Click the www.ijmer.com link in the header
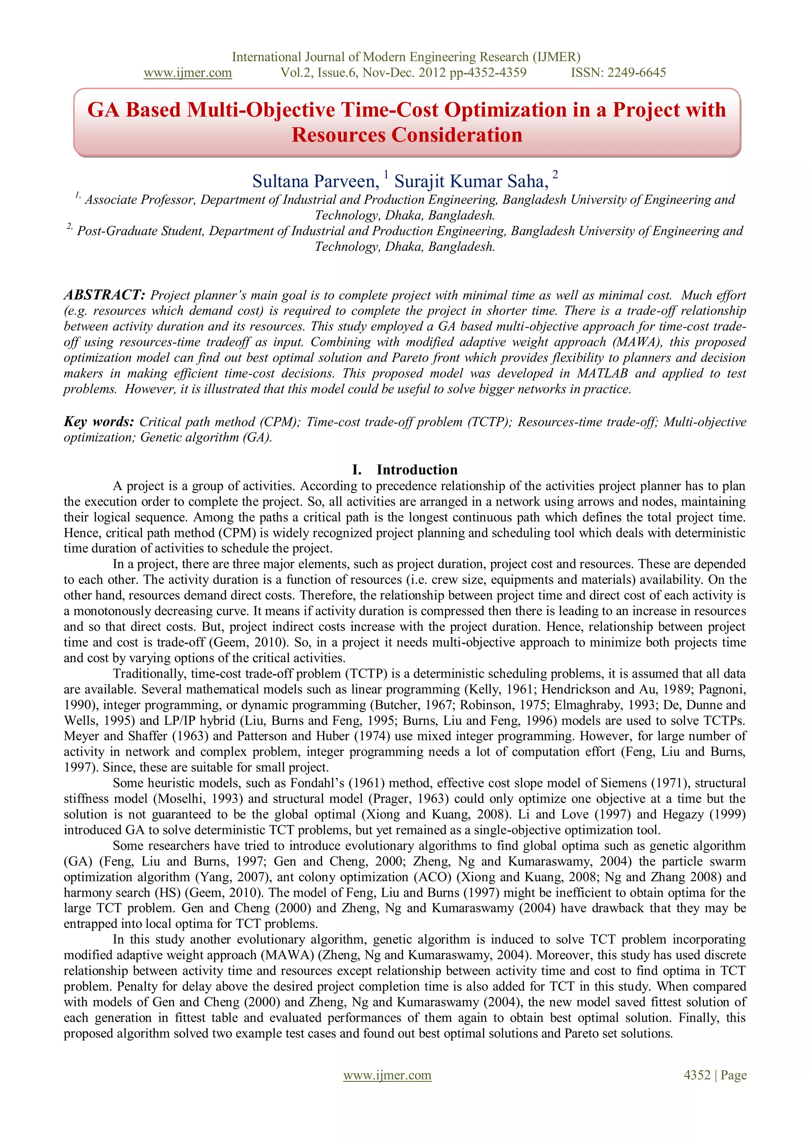click(x=187, y=73)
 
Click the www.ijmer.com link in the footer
click(x=387, y=1075)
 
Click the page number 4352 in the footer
click(x=697, y=1075)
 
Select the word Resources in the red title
click(x=338, y=135)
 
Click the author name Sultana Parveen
click(x=315, y=181)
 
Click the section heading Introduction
click(x=416, y=470)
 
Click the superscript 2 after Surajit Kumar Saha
click(x=555, y=174)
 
